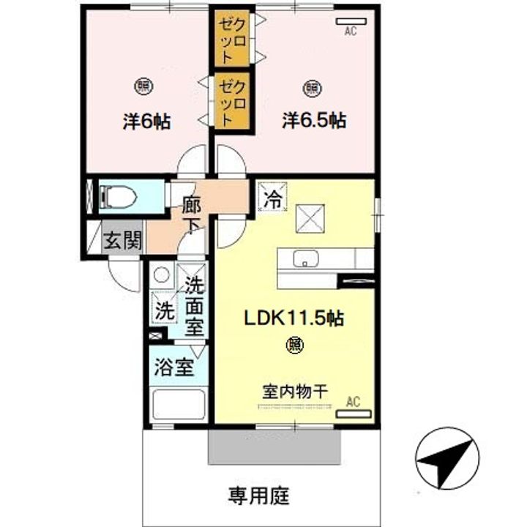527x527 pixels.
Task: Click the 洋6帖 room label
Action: click(146, 121)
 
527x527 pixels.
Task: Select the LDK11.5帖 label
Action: click(294, 318)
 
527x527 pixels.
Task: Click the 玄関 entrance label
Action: click(122, 241)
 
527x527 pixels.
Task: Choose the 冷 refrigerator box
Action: click(272, 198)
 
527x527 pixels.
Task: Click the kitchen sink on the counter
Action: click(303, 258)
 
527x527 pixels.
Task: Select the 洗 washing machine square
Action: click(163, 308)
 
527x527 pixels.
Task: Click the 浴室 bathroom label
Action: click(173, 366)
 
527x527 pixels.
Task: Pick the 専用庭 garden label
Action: click(258, 496)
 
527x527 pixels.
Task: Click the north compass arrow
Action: click(447, 458)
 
